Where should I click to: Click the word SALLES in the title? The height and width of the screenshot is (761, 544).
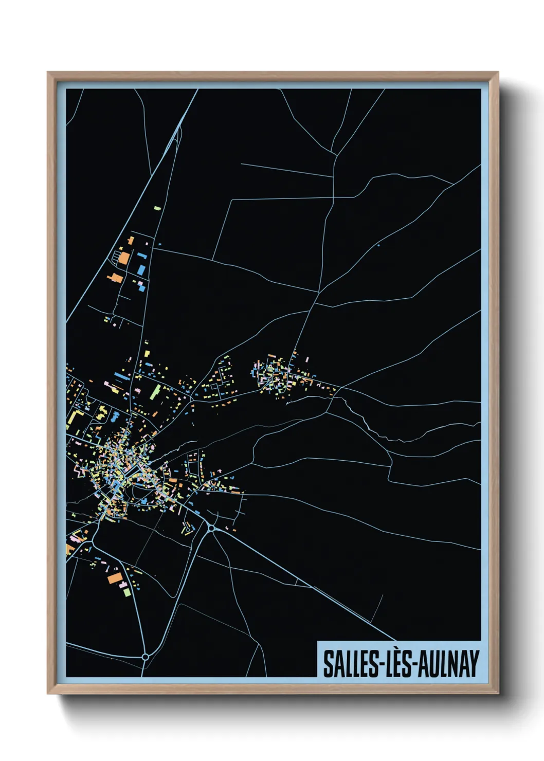point(350,663)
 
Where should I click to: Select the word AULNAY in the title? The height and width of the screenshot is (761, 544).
point(448,663)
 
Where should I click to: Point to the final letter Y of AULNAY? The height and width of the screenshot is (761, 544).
point(475,663)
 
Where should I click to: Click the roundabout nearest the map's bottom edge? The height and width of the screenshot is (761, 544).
point(145,657)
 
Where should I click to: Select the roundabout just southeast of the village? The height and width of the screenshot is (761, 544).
point(211,528)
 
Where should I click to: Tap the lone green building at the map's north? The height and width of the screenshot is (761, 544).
point(157,209)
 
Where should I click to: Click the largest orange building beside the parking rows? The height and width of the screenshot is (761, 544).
point(123,257)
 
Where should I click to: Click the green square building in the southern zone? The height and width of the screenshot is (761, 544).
point(127,592)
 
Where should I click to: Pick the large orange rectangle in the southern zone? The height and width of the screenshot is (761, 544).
point(115,578)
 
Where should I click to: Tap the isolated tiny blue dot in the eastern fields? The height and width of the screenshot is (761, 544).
point(378,245)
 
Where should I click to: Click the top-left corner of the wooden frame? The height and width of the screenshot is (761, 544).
point(48,73)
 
